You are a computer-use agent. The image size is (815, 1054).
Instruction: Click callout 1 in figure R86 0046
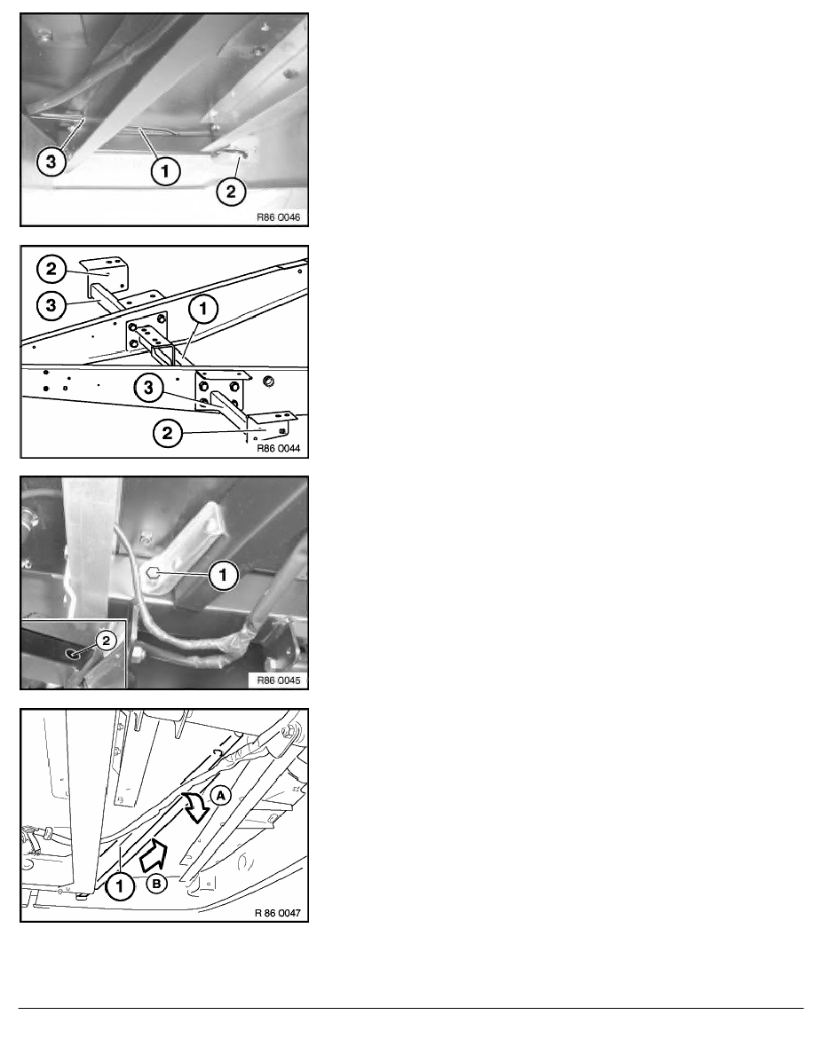click(x=165, y=170)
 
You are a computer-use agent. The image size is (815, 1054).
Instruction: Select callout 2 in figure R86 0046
click(x=231, y=191)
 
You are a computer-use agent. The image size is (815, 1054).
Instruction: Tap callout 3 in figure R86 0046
click(x=51, y=161)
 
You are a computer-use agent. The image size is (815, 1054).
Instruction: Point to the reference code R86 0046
click(x=279, y=217)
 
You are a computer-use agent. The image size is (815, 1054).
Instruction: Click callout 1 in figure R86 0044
click(x=203, y=310)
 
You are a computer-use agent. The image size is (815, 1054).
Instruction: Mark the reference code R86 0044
click(x=279, y=448)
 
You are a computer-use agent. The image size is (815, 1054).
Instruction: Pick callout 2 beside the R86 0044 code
click(x=168, y=432)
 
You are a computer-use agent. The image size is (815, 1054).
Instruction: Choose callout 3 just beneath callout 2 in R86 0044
click(x=51, y=305)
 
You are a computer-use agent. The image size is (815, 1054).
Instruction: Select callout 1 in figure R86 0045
click(x=223, y=575)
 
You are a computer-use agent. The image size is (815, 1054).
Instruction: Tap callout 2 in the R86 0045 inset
click(x=106, y=640)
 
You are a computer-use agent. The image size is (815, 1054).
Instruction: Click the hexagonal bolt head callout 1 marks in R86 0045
click(x=153, y=573)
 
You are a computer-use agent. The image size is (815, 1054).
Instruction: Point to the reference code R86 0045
click(x=279, y=680)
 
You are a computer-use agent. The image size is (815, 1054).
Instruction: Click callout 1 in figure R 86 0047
click(x=120, y=886)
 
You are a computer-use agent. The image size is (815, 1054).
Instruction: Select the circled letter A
click(x=220, y=796)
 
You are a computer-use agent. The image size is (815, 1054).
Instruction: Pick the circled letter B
click(x=156, y=884)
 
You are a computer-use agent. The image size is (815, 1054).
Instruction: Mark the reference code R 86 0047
click(x=277, y=913)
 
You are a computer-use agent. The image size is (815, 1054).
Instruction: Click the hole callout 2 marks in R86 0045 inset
click(x=70, y=653)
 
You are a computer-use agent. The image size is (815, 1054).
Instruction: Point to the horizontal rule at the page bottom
click(x=411, y=1008)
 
